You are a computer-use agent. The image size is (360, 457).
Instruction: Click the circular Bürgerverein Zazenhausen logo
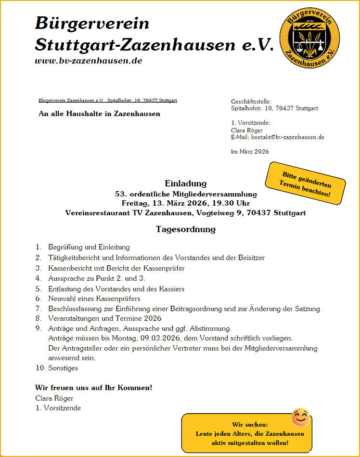(309, 38)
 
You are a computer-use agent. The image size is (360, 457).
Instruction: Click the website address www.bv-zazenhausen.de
(89, 61)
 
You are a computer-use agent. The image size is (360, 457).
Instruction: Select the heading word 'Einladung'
(185, 183)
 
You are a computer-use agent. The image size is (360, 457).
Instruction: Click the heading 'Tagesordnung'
(185, 229)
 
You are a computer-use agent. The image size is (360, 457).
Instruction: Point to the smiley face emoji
(301, 417)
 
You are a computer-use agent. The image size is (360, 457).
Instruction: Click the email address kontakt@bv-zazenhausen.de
(287, 137)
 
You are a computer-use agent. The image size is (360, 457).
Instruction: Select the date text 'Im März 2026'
(250, 152)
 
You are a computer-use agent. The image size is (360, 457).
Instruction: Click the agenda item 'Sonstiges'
(63, 368)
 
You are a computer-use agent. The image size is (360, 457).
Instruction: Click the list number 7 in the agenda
(38, 309)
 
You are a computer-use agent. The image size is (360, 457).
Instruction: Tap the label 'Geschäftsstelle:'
(251, 102)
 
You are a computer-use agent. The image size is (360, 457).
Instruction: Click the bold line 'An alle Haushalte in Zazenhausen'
(99, 114)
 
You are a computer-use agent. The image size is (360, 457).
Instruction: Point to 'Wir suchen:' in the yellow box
(250, 425)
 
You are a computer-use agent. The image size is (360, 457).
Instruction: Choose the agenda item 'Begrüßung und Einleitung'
(89, 247)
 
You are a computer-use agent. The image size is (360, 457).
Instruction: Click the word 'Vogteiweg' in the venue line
(213, 212)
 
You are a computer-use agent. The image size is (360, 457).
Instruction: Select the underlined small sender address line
(108, 101)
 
